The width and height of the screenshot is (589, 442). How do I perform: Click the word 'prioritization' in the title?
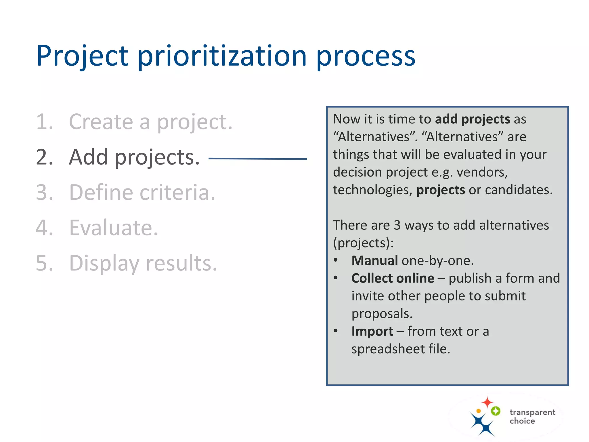pos(222,56)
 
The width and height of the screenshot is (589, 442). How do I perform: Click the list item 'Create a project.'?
pos(150,122)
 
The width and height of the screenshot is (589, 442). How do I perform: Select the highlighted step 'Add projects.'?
pos(134,157)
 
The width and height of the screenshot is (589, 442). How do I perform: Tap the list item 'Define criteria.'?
pos(142,192)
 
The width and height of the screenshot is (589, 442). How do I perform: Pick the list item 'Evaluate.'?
pos(114,228)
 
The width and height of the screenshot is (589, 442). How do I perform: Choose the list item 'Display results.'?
pos(143,263)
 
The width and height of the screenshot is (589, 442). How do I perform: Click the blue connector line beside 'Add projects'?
pos(257,159)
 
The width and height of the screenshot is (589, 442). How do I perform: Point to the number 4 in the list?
pos(44,228)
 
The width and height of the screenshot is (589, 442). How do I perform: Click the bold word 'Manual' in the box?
pos(374,261)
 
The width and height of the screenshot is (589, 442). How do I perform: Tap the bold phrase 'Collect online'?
pos(393,278)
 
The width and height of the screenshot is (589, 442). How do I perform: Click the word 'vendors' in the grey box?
pos(482,172)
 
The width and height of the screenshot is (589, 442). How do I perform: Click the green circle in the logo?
pos(496,411)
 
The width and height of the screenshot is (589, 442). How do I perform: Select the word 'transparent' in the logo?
pos(532,412)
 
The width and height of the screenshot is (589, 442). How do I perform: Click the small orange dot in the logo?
pos(479,411)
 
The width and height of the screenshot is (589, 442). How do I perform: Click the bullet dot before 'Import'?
pos(336,331)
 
